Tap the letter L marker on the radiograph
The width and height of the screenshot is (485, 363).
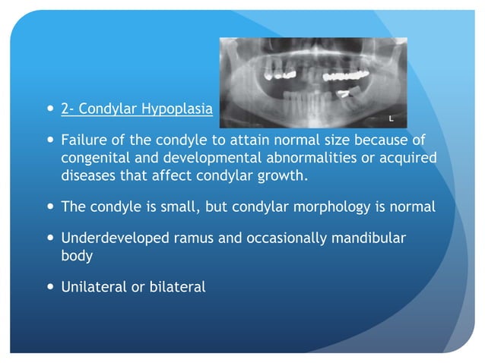coord(390,120)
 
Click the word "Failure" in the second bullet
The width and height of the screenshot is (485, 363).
coord(84,140)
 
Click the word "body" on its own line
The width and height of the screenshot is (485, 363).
coord(77,256)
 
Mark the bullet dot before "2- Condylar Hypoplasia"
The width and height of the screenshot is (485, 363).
coord(49,109)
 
